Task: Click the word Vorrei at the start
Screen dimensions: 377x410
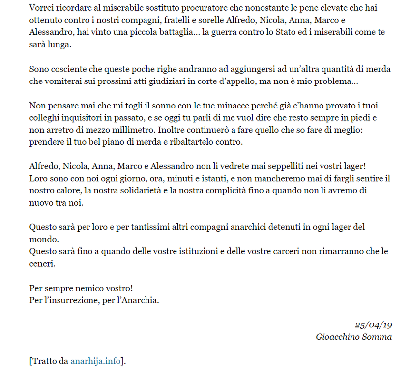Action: [41, 9]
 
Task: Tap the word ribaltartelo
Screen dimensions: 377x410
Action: [182, 142]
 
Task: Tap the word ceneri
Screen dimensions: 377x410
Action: [42, 263]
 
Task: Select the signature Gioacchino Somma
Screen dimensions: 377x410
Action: [354, 337]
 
